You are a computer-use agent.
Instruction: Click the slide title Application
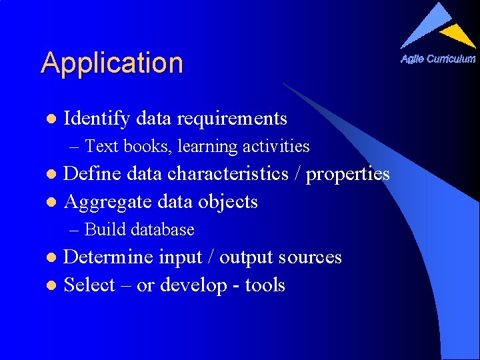[x=111, y=63]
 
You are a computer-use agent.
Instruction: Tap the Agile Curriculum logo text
[x=438, y=59]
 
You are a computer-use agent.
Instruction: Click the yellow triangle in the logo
[x=458, y=34]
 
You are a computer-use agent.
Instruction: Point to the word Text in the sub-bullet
[x=101, y=145]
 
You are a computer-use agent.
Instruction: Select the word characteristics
[x=227, y=174]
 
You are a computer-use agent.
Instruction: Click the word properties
[x=347, y=174]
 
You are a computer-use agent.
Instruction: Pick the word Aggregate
[x=107, y=201]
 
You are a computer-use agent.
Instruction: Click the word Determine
[x=109, y=257]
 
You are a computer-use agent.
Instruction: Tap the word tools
[x=265, y=285]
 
